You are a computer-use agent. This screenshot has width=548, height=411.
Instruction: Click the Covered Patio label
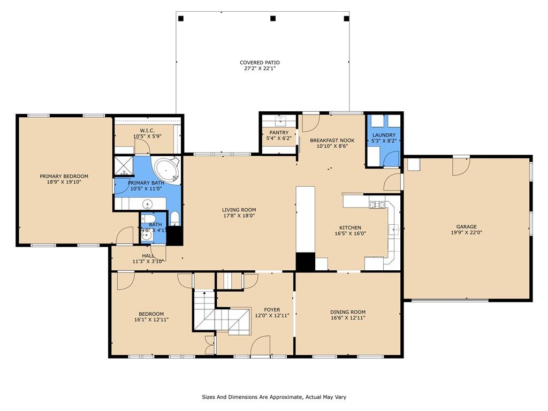click(x=260, y=63)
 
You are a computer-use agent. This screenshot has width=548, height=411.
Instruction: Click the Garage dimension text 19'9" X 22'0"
click(x=466, y=232)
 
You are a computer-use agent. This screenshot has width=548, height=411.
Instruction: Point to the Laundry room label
click(x=384, y=135)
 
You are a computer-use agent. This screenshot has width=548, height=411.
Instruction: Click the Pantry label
click(x=279, y=133)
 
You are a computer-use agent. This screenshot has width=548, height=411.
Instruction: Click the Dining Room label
click(x=348, y=312)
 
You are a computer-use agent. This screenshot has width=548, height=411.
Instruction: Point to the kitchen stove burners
click(x=377, y=205)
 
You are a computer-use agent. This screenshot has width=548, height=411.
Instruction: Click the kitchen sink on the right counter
click(x=394, y=230)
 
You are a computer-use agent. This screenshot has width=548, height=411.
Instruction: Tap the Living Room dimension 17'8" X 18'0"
click(x=239, y=216)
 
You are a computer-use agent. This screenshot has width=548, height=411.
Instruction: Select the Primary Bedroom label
click(x=64, y=176)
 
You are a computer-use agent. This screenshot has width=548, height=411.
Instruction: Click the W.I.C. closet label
click(x=147, y=131)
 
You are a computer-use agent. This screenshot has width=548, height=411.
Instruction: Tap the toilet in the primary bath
click(x=175, y=218)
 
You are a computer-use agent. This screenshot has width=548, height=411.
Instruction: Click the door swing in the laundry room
click(x=391, y=159)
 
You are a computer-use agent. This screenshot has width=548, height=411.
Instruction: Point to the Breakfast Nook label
click(x=332, y=140)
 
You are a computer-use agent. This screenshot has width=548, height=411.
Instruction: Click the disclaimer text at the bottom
click(x=274, y=397)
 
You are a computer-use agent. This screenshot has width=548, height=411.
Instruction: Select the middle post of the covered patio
click(x=273, y=18)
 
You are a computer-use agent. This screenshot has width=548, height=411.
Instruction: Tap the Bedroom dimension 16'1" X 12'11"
click(x=151, y=319)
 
